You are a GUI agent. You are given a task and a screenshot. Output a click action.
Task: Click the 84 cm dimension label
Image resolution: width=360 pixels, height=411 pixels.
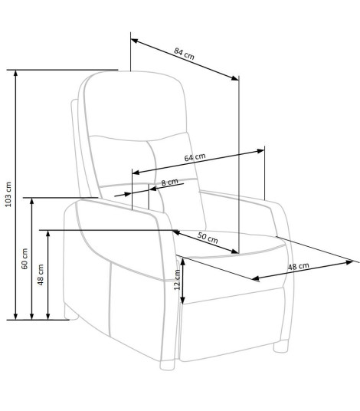(184, 53)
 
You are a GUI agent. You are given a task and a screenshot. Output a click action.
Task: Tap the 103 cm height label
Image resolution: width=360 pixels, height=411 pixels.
(8, 194)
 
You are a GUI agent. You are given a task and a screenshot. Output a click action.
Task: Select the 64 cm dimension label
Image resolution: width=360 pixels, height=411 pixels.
(195, 157)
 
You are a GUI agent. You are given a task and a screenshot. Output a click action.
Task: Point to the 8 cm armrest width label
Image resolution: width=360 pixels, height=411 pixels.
(169, 182)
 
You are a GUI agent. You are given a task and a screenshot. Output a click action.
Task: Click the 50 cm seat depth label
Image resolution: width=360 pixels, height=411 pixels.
(208, 238)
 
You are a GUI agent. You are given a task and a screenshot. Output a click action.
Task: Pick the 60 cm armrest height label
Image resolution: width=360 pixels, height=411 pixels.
(25, 258)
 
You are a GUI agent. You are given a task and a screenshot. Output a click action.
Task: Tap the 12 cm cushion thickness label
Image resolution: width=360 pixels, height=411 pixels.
(177, 279)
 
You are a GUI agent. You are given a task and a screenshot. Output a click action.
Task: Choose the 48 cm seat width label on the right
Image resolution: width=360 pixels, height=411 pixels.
(299, 266)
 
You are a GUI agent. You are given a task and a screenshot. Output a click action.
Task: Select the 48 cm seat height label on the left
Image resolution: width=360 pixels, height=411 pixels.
(41, 275)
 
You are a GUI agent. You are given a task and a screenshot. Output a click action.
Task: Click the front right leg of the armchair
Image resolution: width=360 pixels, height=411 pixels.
(281, 346)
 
